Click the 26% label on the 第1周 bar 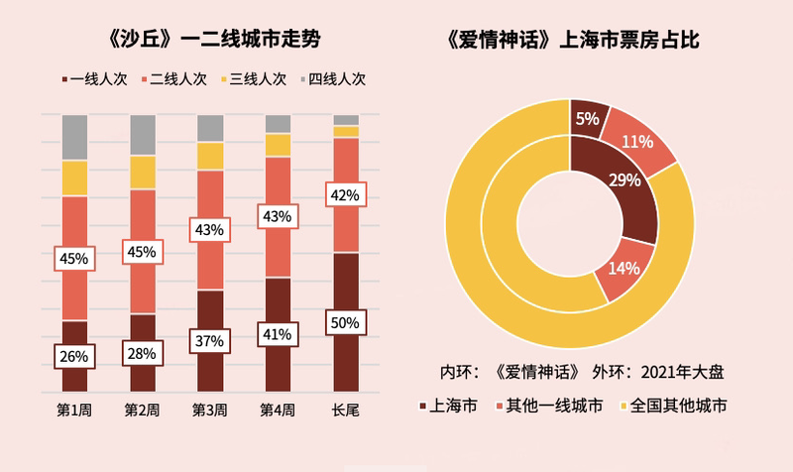tap(75, 356)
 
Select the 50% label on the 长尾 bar tap(346, 322)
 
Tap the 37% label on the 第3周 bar tap(210, 341)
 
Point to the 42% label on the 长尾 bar tap(346, 195)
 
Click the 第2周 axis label tap(143, 409)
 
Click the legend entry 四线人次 tap(335, 78)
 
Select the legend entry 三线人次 tap(257, 78)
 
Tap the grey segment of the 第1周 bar tap(75, 137)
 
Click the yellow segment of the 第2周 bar tap(143, 172)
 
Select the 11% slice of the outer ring tap(639, 139)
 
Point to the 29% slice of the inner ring tap(622, 183)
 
